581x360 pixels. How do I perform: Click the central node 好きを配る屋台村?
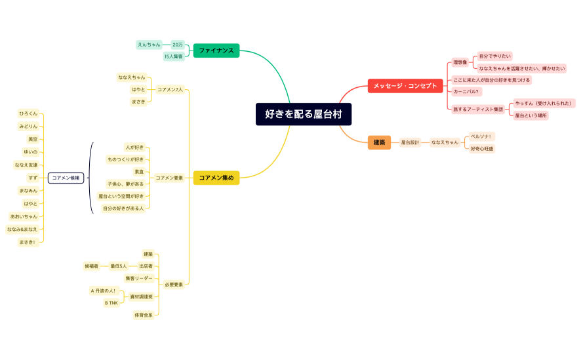point(304,114)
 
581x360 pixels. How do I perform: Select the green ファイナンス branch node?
point(216,50)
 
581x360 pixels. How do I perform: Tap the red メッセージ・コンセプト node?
point(405,86)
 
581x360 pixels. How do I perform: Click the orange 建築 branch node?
point(379,142)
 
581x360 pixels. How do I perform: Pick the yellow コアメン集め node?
point(216,176)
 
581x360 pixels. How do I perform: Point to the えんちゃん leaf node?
point(149,45)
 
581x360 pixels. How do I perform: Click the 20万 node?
point(178,45)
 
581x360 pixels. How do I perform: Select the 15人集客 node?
point(174,57)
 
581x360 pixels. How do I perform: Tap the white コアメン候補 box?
point(66,178)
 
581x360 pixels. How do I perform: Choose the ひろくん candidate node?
point(28,113)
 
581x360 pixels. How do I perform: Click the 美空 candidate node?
point(32,139)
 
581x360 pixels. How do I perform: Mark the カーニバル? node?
point(466,92)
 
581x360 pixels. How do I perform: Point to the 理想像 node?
point(460,62)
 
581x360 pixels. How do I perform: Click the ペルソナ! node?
point(481,136)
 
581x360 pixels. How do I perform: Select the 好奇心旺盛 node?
point(482,149)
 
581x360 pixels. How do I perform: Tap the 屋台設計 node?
point(410,142)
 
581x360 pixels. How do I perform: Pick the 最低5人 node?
point(119,266)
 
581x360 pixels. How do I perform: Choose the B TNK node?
point(111,303)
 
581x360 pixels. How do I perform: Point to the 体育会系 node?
point(144,315)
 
